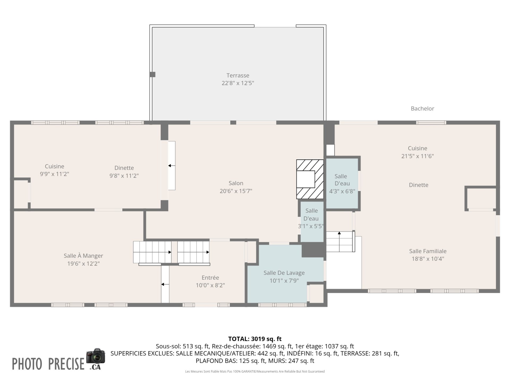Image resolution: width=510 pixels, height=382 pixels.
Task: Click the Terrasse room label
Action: [x=238, y=75]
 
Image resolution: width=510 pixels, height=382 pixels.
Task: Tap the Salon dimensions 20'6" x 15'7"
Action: [x=236, y=191]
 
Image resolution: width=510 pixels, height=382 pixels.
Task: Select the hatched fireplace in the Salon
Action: [x=310, y=179]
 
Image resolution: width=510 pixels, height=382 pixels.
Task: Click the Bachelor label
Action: [x=422, y=108]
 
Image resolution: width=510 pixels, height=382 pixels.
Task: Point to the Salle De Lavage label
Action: [x=284, y=273]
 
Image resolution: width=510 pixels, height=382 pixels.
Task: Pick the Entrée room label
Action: [x=210, y=277]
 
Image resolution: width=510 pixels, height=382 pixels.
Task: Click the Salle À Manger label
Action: [x=83, y=256]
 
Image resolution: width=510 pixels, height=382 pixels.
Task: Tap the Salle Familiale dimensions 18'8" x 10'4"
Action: [x=428, y=259]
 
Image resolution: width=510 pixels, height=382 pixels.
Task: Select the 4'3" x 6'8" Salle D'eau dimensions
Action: [x=342, y=191]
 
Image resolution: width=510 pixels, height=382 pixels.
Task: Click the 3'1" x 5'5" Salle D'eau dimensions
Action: [x=311, y=226]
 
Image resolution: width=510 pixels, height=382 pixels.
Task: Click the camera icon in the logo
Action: [x=96, y=356]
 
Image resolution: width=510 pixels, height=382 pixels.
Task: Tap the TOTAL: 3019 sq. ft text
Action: [x=255, y=339]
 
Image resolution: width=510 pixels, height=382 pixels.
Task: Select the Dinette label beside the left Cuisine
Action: [x=124, y=168]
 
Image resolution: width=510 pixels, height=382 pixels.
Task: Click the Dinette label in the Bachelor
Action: [x=419, y=185]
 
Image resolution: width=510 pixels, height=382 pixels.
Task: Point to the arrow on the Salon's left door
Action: [x=172, y=166]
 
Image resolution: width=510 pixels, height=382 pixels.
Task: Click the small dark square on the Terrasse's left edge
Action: [x=152, y=75]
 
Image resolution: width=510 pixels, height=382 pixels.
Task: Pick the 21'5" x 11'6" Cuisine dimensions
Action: [x=418, y=156]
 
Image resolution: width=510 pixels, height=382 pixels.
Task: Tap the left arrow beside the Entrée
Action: [x=165, y=284]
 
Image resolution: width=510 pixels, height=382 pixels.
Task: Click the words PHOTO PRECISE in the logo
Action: [x=48, y=364]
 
